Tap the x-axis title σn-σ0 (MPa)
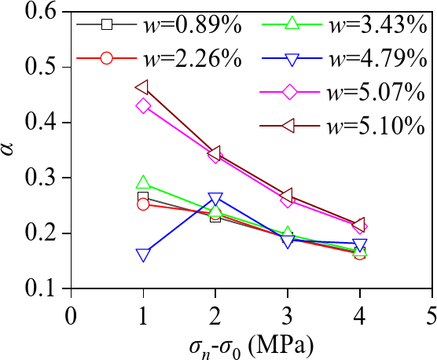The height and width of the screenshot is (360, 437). coord(252,345)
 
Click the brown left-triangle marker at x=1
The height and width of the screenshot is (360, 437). coord(143,88)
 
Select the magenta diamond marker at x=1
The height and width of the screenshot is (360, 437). coord(143,105)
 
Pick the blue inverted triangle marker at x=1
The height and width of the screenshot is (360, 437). coord(143,255)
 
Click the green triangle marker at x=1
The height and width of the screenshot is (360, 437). coord(143,184)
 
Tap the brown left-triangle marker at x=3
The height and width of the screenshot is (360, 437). coord(287,196)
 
